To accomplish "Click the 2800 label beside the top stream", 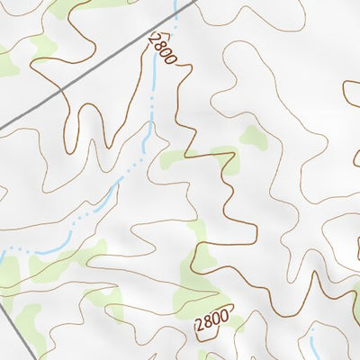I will point(163,47).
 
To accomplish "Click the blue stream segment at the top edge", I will point(174,7).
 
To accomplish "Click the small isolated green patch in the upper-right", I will point(253,137).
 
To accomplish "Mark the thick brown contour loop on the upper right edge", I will point(352,99).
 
